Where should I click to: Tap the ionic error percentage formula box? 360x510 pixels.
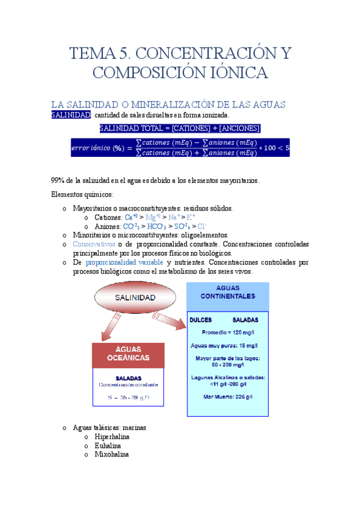(180, 148)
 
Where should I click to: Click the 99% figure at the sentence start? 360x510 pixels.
(58, 180)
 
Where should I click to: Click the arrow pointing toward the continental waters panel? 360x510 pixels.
(172, 321)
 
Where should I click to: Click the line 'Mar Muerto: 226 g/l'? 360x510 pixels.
(228, 397)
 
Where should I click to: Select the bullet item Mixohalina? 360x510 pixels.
(111, 454)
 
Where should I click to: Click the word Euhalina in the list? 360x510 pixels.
(108, 446)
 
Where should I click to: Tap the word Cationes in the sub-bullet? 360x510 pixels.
(108, 217)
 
